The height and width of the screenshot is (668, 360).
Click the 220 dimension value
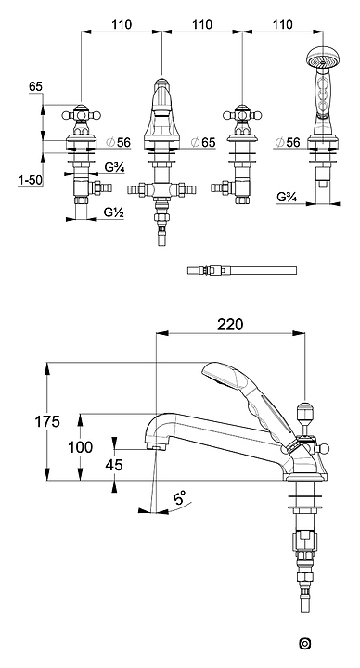(230, 324)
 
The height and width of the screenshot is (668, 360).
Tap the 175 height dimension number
(47, 422)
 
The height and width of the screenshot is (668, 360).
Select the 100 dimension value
(80, 447)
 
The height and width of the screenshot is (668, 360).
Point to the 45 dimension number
(114, 465)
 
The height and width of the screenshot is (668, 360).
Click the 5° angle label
(180, 497)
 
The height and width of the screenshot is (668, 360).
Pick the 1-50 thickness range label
(31, 180)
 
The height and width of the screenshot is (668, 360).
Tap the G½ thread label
(114, 212)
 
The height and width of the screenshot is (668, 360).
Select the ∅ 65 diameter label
(203, 142)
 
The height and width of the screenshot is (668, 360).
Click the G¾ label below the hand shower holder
(287, 197)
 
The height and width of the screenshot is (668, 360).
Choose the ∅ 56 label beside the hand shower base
(288, 142)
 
